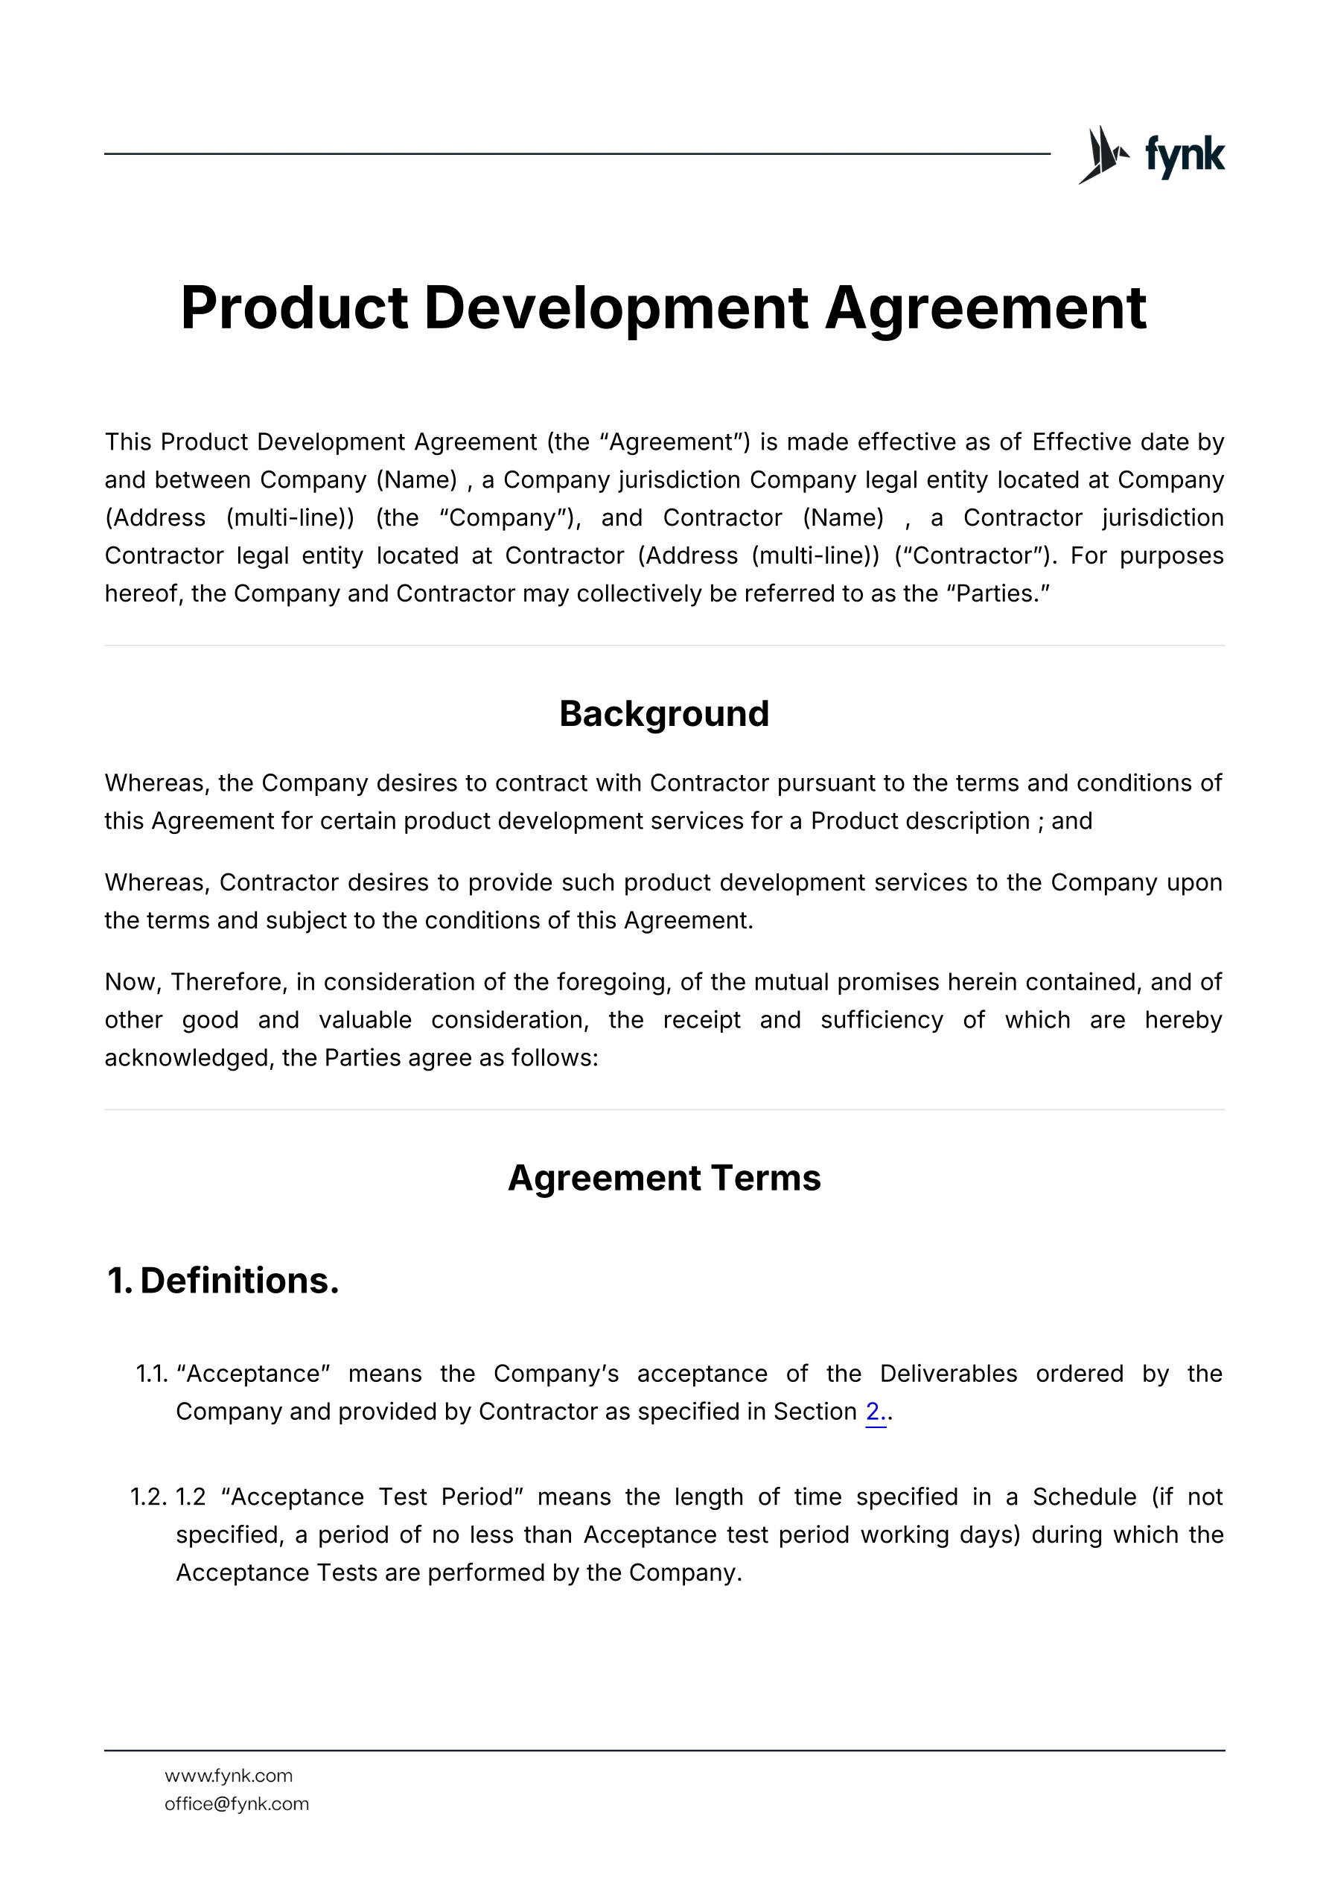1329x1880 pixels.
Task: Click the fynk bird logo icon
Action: click(x=1102, y=155)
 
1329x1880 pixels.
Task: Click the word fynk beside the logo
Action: click(x=1185, y=156)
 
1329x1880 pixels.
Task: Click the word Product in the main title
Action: click(x=294, y=308)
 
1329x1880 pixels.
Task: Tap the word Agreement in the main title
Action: click(x=985, y=308)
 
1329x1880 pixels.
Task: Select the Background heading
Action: click(x=664, y=714)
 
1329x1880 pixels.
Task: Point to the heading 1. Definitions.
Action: click(x=223, y=1281)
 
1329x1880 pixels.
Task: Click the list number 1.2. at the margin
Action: click(x=149, y=1497)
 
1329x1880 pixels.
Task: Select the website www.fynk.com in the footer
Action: click(x=229, y=1775)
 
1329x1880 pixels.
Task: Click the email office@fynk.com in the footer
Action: click(x=237, y=1804)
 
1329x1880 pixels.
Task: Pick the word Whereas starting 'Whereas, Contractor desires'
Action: click(x=157, y=883)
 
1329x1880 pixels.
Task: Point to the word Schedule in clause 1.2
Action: click(x=1084, y=1497)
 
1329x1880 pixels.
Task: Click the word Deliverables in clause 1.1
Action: click(x=949, y=1373)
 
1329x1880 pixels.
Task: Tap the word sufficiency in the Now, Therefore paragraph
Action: click(x=882, y=1020)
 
